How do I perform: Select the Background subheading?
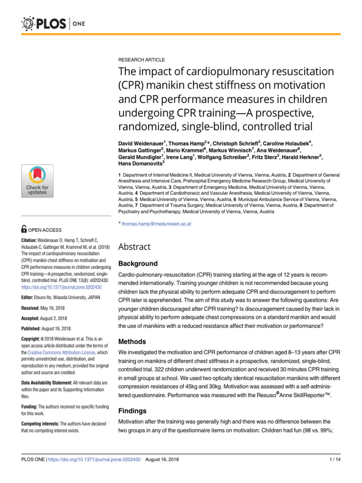(x=138, y=263)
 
